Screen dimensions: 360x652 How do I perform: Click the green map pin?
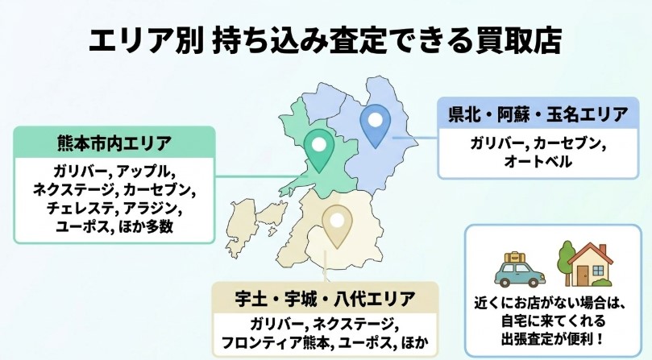[x=322, y=149]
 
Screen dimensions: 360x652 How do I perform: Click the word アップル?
[x=145, y=172]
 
